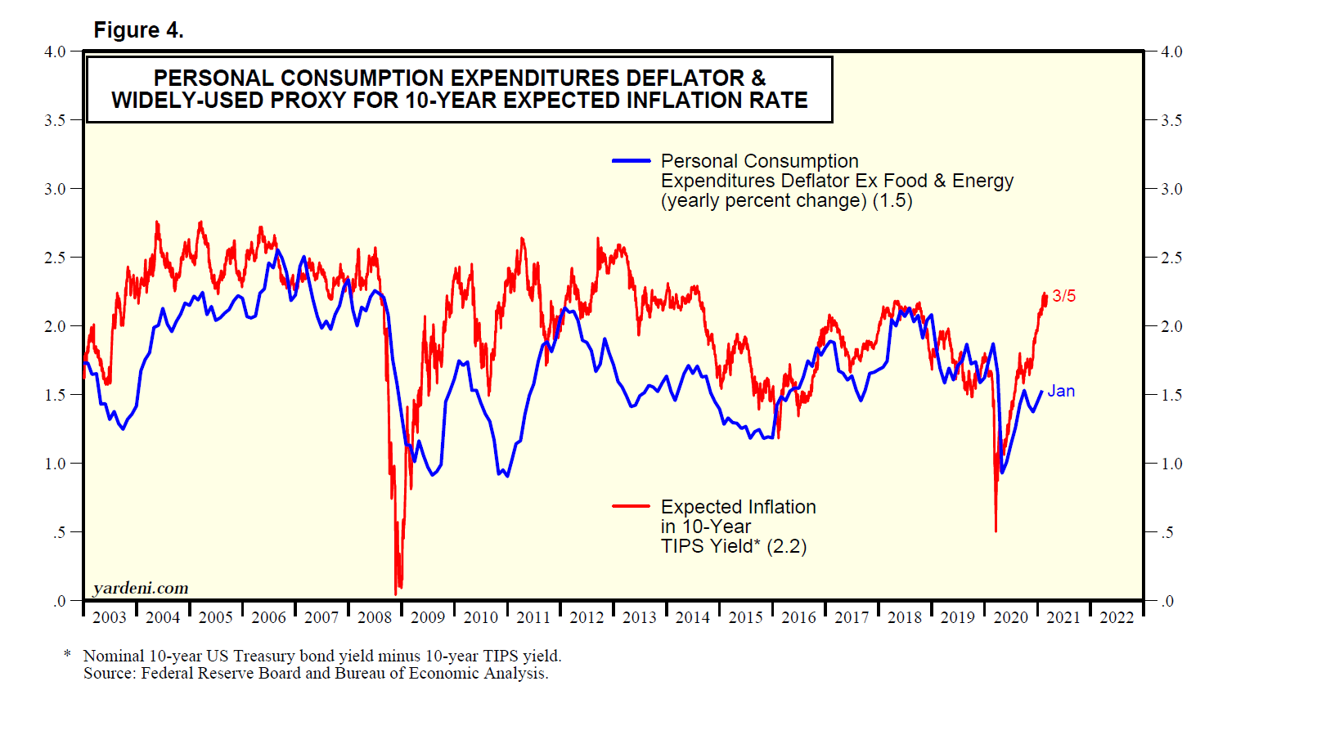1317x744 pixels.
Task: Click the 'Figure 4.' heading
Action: [138, 30]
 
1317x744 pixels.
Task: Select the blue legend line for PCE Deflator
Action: [631, 161]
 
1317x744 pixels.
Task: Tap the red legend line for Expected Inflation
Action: [631, 507]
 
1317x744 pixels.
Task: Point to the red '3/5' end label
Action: [1063, 296]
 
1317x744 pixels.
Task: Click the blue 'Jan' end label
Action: [1061, 392]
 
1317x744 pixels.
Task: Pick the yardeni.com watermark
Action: [141, 588]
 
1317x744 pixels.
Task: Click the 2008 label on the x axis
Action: [375, 618]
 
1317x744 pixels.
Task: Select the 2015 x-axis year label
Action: [745, 618]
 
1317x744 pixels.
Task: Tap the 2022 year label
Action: [1117, 618]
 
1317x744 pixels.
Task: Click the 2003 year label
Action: [110, 618]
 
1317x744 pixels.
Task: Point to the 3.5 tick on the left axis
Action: [55, 120]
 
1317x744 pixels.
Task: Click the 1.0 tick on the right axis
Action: [1171, 464]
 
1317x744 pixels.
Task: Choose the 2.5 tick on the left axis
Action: [55, 258]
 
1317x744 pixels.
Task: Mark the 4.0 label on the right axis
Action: [1171, 52]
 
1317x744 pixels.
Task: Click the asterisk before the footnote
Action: [68, 655]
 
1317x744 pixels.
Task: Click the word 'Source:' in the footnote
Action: [110, 674]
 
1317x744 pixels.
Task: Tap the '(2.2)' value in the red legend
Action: [786, 546]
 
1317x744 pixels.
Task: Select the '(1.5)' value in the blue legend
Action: [892, 200]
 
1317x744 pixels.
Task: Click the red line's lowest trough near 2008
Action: [396, 594]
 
